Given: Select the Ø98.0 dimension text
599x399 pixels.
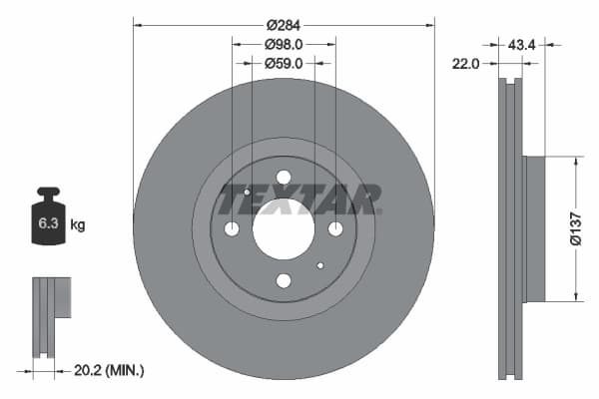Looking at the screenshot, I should pyautogui.click(x=284, y=44).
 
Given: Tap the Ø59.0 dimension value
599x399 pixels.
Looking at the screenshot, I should pyautogui.click(x=284, y=63).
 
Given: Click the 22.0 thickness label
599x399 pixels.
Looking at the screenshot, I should pyautogui.click(x=467, y=63).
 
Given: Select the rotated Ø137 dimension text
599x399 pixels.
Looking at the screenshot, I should pyautogui.click(x=575, y=227).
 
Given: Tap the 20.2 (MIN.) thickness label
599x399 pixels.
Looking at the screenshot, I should pyautogui.click(x=110, y=370).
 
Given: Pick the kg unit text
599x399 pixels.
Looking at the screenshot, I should pyautogui.click(x=78, y=225).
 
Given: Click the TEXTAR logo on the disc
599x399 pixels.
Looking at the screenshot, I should pyautogui.click(x=299, y=200).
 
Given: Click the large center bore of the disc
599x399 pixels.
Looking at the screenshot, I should pyautogui.click(x=284, y=229).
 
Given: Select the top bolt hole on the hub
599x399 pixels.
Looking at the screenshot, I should pyautogui.click(x=284, y=178).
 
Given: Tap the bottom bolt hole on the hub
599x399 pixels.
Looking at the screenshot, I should pyautogui.click(x=284, y=281).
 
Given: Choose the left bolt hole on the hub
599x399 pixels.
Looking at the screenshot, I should pyautogui.click(x=232, y=229).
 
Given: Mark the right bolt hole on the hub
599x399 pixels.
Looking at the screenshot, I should pyautogui.click(x=335, y=229).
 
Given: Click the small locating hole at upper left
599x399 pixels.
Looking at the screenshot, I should pyautogui.click(x=247, y=192).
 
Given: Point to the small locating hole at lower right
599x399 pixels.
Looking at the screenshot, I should pyautogui.click(x=319, y=266).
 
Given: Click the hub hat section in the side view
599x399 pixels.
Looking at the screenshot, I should pyautogui.click(x=534, y=228).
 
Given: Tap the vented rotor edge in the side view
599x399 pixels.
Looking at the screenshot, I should pyautogui.click(x=512, y=227).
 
